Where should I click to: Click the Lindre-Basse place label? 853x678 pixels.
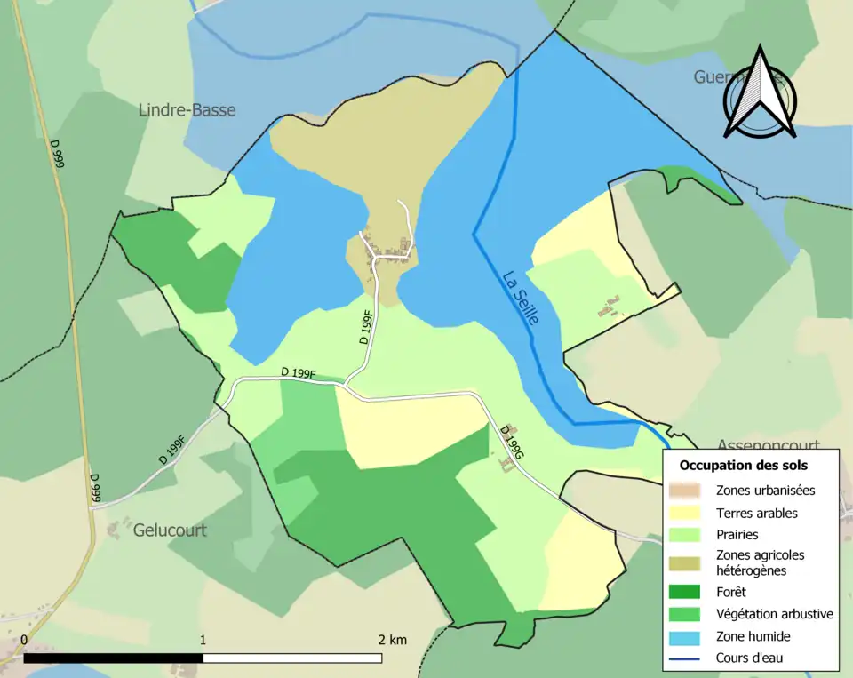click(x=187, y=109)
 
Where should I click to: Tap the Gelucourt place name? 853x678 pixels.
click(x=170, y=530)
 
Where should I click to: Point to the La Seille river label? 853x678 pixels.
click(x=520, y=297)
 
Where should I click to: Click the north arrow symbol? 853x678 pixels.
click(x=760, y=93)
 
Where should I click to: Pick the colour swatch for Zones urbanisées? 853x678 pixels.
click(x=690, y=490)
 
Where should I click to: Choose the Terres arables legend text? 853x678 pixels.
click(x=756, y=513)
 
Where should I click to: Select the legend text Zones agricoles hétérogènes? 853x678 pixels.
click(x=760, y=562)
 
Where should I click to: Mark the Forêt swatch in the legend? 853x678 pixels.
click(x=690, y=591)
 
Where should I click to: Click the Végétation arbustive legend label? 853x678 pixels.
click(x=774, y=613)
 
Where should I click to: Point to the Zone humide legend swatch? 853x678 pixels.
click(x=690, y=636)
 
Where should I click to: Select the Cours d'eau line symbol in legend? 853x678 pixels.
click(x=690, y=658)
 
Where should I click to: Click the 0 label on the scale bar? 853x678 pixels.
click(x=23, y=640)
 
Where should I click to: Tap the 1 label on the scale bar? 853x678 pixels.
click(x=203, y=640)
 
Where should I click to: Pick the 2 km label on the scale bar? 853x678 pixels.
click(x=393, y=640)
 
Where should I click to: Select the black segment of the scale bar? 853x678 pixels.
click(x=113, y=658)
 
